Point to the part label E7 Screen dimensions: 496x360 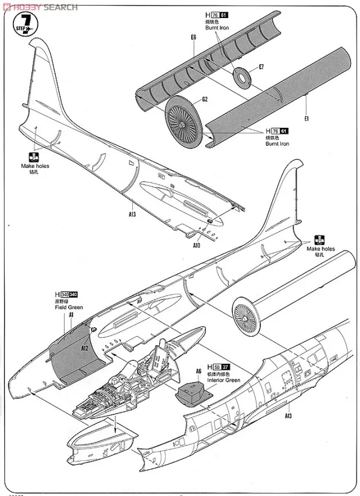261,67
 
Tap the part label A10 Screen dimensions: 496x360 196,245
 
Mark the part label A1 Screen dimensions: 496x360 71,315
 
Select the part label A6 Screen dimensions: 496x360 198,371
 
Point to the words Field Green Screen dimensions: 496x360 69,307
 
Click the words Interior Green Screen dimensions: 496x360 224,381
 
